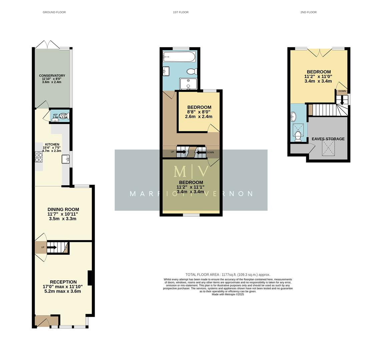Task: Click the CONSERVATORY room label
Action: coord(52,76)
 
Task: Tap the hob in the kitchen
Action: coord(39,157)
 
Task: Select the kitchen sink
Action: coord(65,159)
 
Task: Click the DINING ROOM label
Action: coord(63,209)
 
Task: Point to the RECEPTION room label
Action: coord(63,282)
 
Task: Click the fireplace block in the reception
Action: coord(89,278)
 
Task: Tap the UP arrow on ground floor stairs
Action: coord(52,247)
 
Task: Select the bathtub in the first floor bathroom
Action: coord(179,57)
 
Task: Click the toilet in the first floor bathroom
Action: coord(192,71)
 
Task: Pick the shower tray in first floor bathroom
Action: coord(188,84)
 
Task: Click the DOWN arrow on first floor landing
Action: coord(201,153)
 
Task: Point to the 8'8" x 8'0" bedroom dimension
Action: coord(199,112)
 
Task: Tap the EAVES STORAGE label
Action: coord(328,139)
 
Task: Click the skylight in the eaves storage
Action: coord(328,147)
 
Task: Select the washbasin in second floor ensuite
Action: coord(293,117)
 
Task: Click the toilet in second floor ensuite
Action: coord(298,136)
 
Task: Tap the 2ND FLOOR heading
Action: coord(308,12)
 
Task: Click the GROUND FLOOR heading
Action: coord(54,12)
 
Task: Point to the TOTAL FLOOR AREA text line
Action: coord(228,275)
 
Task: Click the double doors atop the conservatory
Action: coord(48,44)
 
